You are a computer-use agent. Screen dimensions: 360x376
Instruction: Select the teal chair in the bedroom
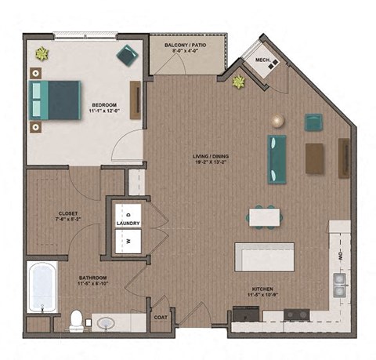[x=126, y=54]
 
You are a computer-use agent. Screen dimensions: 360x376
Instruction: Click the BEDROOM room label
[x=104, y=104]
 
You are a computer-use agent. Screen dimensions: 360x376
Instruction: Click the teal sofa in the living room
[x=277, y=155]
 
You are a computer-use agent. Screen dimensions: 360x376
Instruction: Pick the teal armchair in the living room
[x=313, y=122]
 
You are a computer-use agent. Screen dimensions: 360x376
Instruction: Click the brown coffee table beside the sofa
[x=315, y=158]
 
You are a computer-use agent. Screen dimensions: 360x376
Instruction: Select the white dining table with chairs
[x=263, y=215]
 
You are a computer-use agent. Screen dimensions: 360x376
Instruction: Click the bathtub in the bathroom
[x=42, y=287]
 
